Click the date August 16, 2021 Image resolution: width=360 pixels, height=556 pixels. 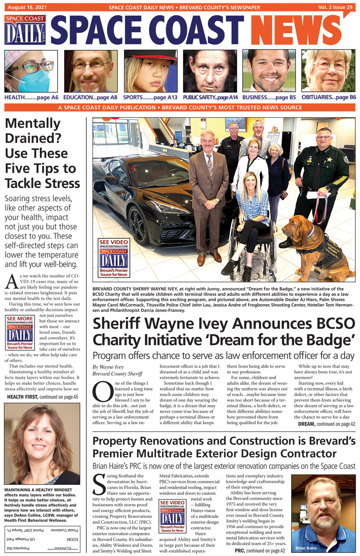coord(27,7)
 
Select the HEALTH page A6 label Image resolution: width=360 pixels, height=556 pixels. coord(31,97)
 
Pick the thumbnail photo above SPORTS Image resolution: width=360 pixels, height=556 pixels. coord(150,71)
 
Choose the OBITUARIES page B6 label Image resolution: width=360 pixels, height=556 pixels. coord(328,97)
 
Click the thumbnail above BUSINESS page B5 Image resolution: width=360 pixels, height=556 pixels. coord(269,71)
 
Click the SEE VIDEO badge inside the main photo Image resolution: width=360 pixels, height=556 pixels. coord(114,258)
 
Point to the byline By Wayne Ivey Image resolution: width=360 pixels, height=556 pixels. coord(108,367)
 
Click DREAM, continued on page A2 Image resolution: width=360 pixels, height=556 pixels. coord(326,424)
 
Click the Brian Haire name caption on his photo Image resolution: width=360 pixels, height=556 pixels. coord(306,548)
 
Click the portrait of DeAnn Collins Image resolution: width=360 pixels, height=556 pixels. coord(42,443)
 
